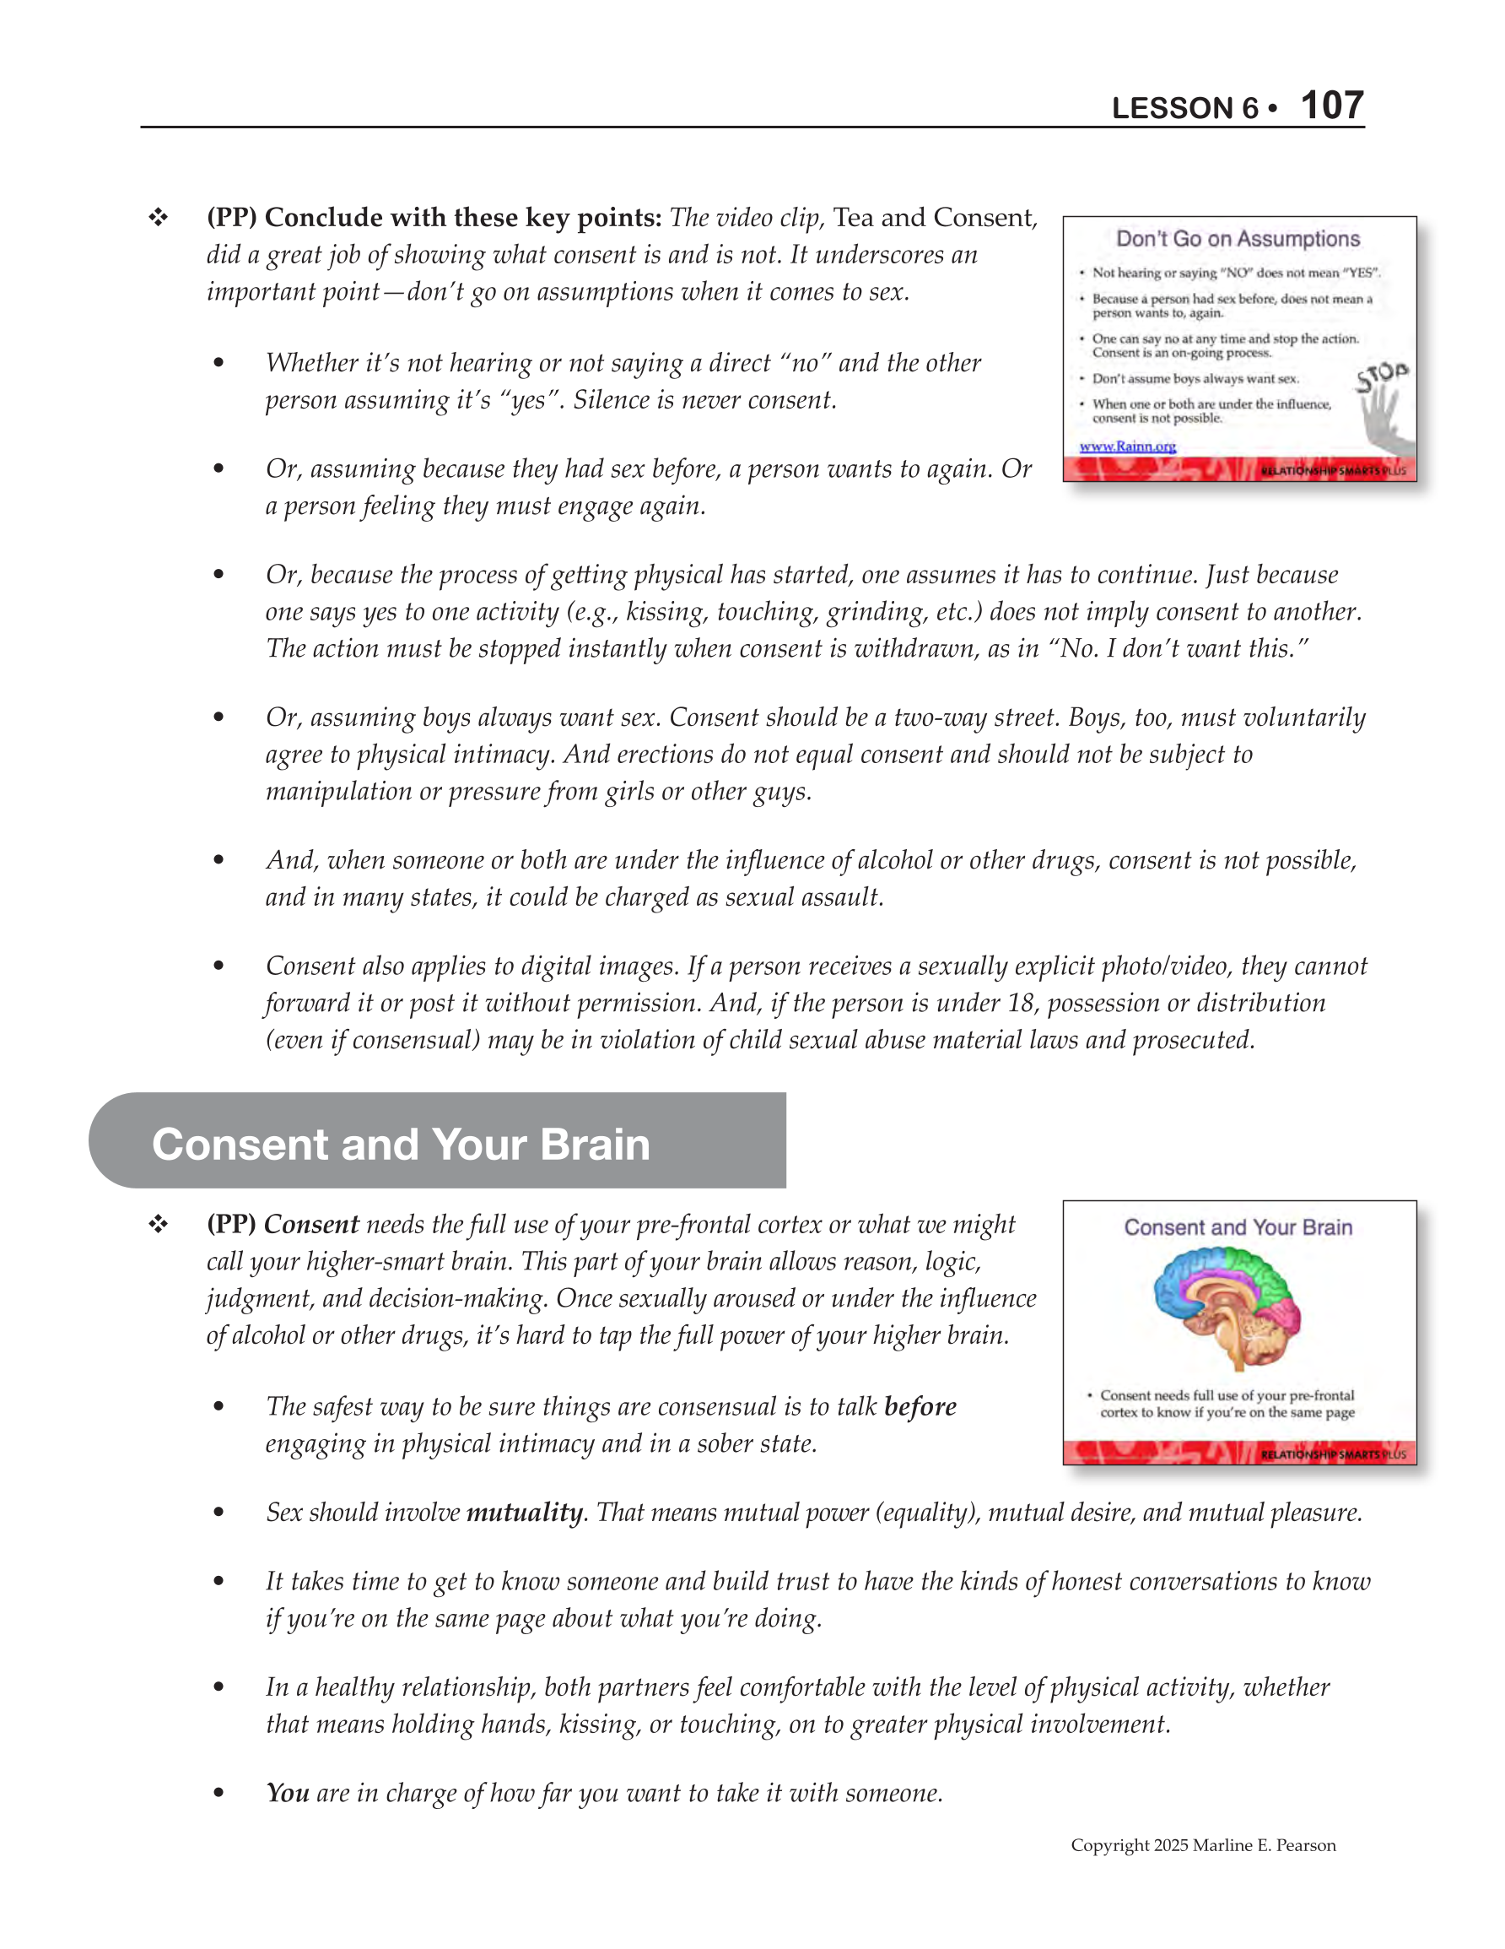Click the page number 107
pyautogui.click(x=1331, y=106)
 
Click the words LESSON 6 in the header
pyautogui.click(x=1184, y=109)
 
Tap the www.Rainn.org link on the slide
pyautogui.click(x=1127, y=447)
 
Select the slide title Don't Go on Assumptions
pyautogui.click(x=1238, y=239)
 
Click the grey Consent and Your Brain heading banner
pyautogui.click(x=437, y=1143)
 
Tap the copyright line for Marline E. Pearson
pyautogui.click(x=1203, y=1845)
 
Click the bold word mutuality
pyautogui.click(x=525, y=1513)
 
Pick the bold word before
pyautogui.click(x=920, y=1406)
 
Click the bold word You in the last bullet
pyautogui.click(x=288, y=1793)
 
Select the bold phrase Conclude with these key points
pyautogui.click(x=462, y=218)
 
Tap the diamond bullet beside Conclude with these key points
pyautogui.click(x=159, y=218)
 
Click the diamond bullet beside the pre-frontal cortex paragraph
pyautogui.click(x=159, y=1225)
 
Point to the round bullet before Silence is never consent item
pyautogui.click(x=218, y=362)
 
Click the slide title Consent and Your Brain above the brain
pyautogui.click(x=1238, y=1227)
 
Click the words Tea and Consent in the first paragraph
pyautogui.click(x=934, y=218)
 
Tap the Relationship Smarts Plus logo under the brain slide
pyautogui.click(x=1332, y=1454)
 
